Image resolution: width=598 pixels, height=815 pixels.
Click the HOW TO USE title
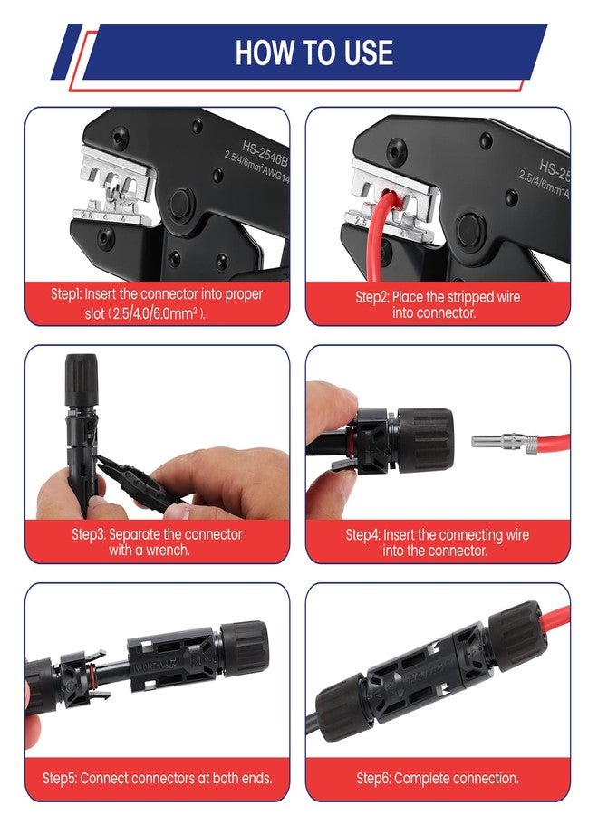(x=313, y=52)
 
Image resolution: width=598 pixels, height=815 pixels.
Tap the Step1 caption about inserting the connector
(x=158, y=303)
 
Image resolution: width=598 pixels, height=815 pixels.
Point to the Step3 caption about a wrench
(x=157, y=542)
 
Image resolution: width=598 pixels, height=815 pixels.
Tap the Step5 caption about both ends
(x=157, y=778)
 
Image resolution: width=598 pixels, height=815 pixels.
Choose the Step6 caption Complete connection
(x=438, y=778)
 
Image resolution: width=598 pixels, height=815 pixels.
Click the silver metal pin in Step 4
(x=494, y=441)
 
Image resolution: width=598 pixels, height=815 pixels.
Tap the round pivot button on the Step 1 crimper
(x=181, y=203)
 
